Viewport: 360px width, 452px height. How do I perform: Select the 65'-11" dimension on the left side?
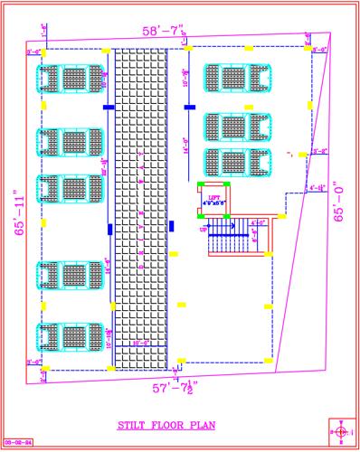(x=18, y=212)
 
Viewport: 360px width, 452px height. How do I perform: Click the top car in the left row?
(x=69, y=80)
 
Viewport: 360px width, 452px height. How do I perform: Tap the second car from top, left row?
(x=69, y=143)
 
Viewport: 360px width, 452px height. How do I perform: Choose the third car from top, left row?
(x=69, y=190)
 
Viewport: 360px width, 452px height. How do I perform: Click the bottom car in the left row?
(x=69, y=336)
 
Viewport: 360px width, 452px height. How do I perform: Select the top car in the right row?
(x=238, y=78)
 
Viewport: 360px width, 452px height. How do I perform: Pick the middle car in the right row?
(x=238, y=126)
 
